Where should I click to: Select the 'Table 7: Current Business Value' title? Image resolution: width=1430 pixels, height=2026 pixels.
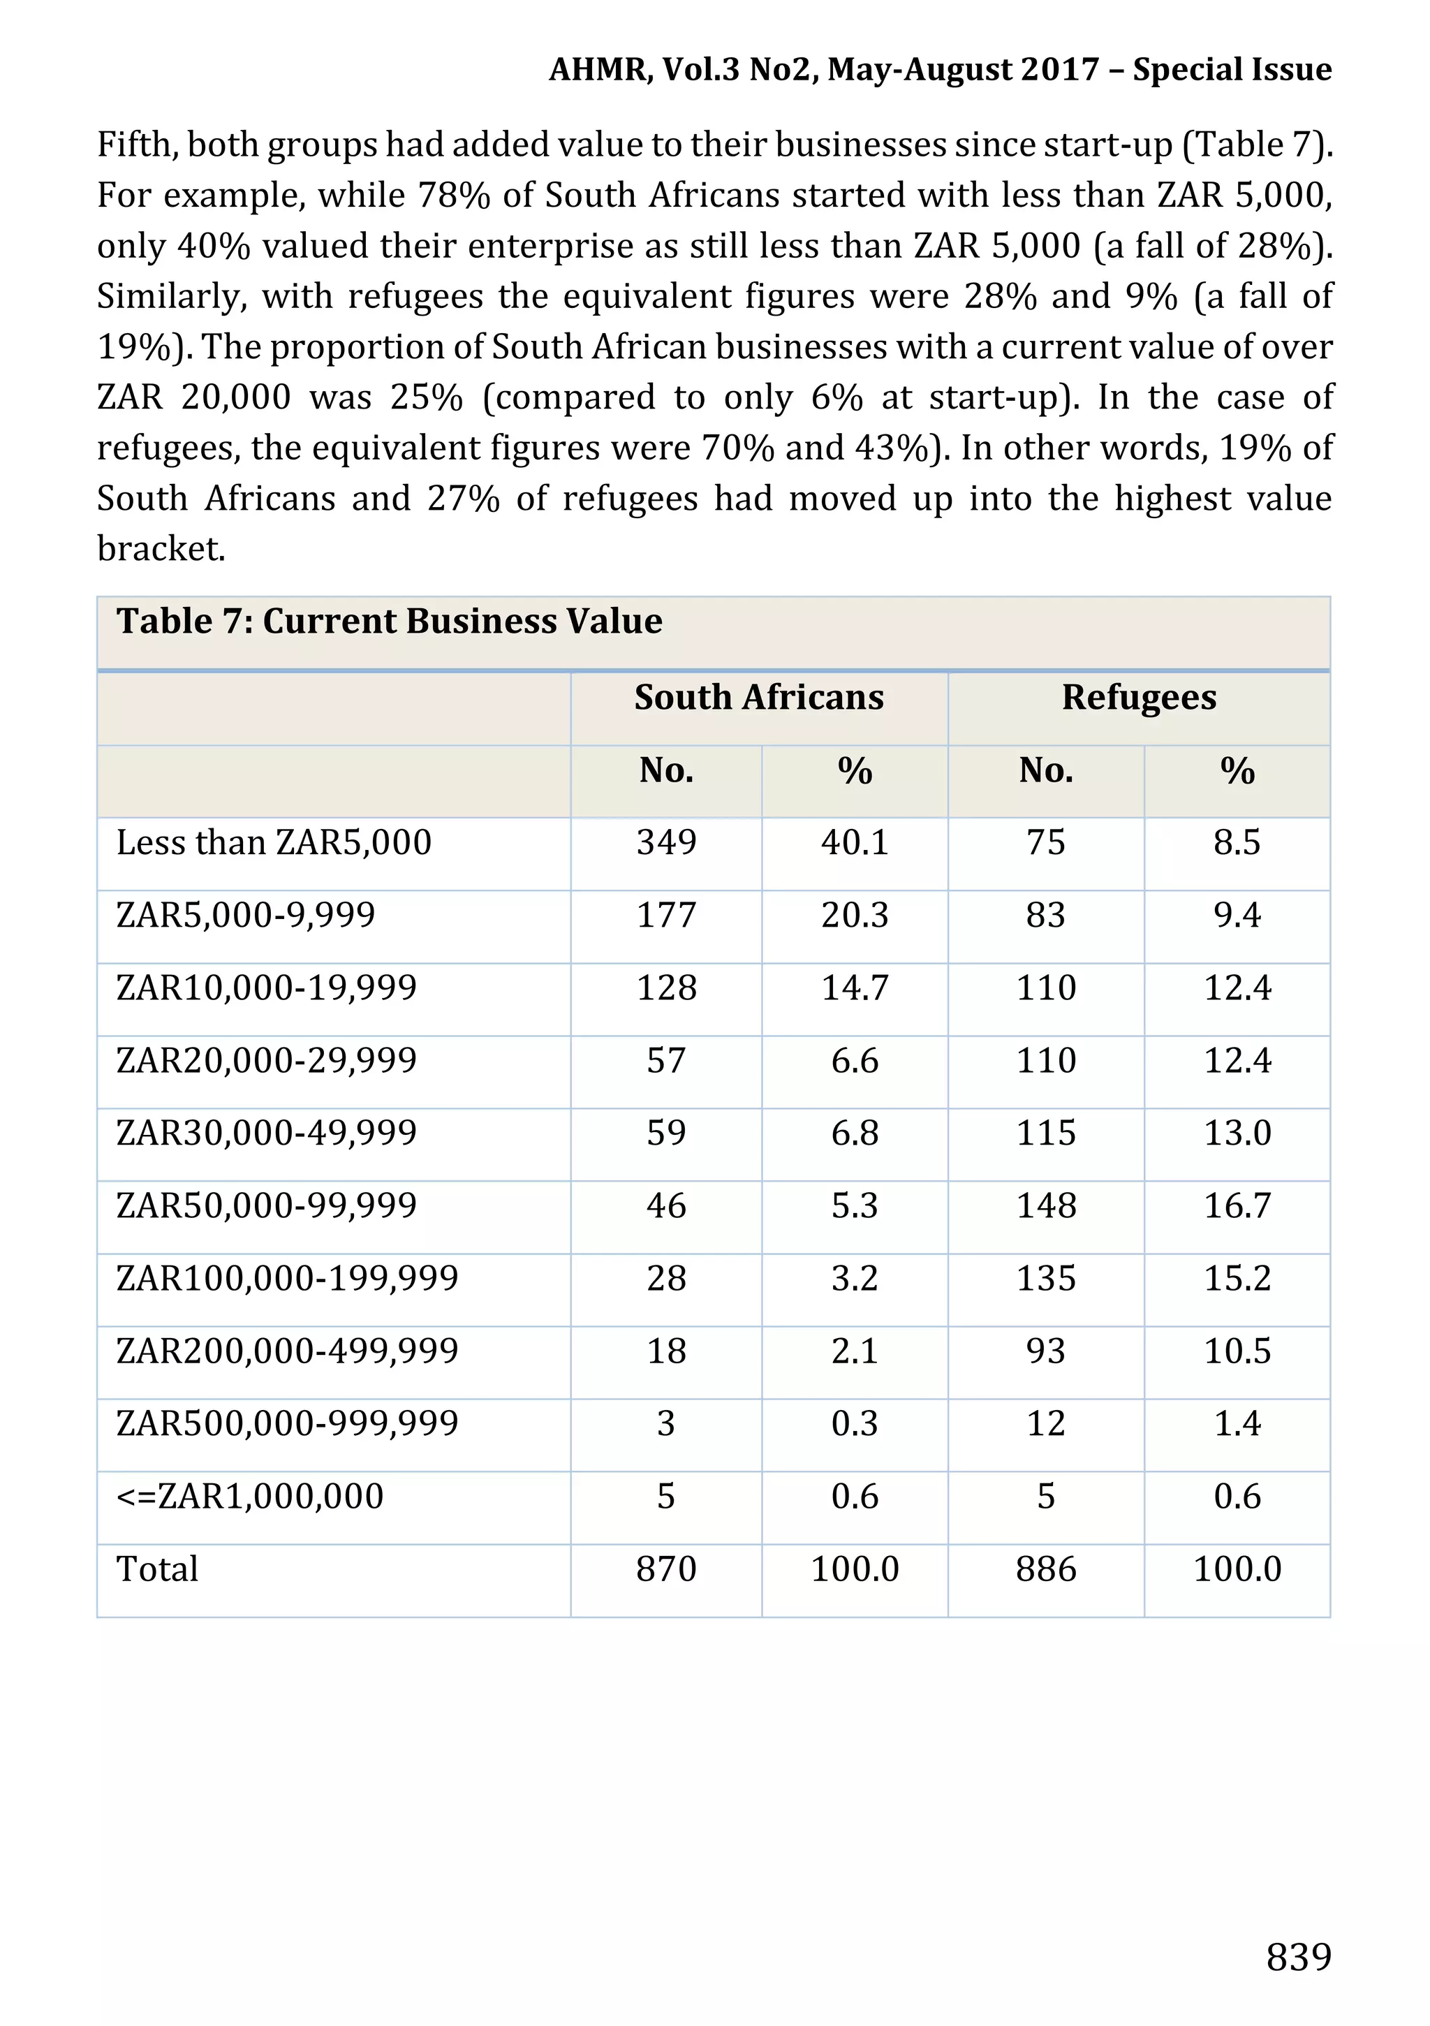389,622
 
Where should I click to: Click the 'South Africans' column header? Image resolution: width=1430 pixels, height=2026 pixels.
759,697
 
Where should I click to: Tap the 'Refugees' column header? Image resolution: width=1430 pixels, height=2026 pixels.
1138,697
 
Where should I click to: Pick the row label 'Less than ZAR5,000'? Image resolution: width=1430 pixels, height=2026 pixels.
274,843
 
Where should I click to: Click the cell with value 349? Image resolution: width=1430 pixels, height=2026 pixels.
666,843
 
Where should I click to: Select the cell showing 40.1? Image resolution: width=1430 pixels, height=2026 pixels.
854,843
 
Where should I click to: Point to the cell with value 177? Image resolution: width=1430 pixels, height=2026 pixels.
666,915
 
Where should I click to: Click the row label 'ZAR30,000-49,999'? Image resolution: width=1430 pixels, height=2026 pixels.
267,1133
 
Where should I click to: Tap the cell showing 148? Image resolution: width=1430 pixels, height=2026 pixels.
1045,1205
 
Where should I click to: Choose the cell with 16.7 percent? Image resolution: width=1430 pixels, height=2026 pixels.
1237,1205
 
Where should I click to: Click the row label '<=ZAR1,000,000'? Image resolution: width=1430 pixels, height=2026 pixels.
250,1497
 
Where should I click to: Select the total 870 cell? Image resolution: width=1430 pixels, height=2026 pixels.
666,1570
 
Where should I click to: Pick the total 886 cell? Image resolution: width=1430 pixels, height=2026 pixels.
1045,1570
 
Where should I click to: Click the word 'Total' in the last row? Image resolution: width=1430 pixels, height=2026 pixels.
157,1570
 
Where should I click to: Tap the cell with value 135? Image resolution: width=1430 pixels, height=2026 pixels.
1045,1279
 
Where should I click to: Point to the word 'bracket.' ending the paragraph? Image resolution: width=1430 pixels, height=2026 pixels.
161,549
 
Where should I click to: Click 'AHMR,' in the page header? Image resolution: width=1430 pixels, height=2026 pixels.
600,70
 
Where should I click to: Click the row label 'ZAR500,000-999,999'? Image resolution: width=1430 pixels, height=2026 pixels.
288,1424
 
